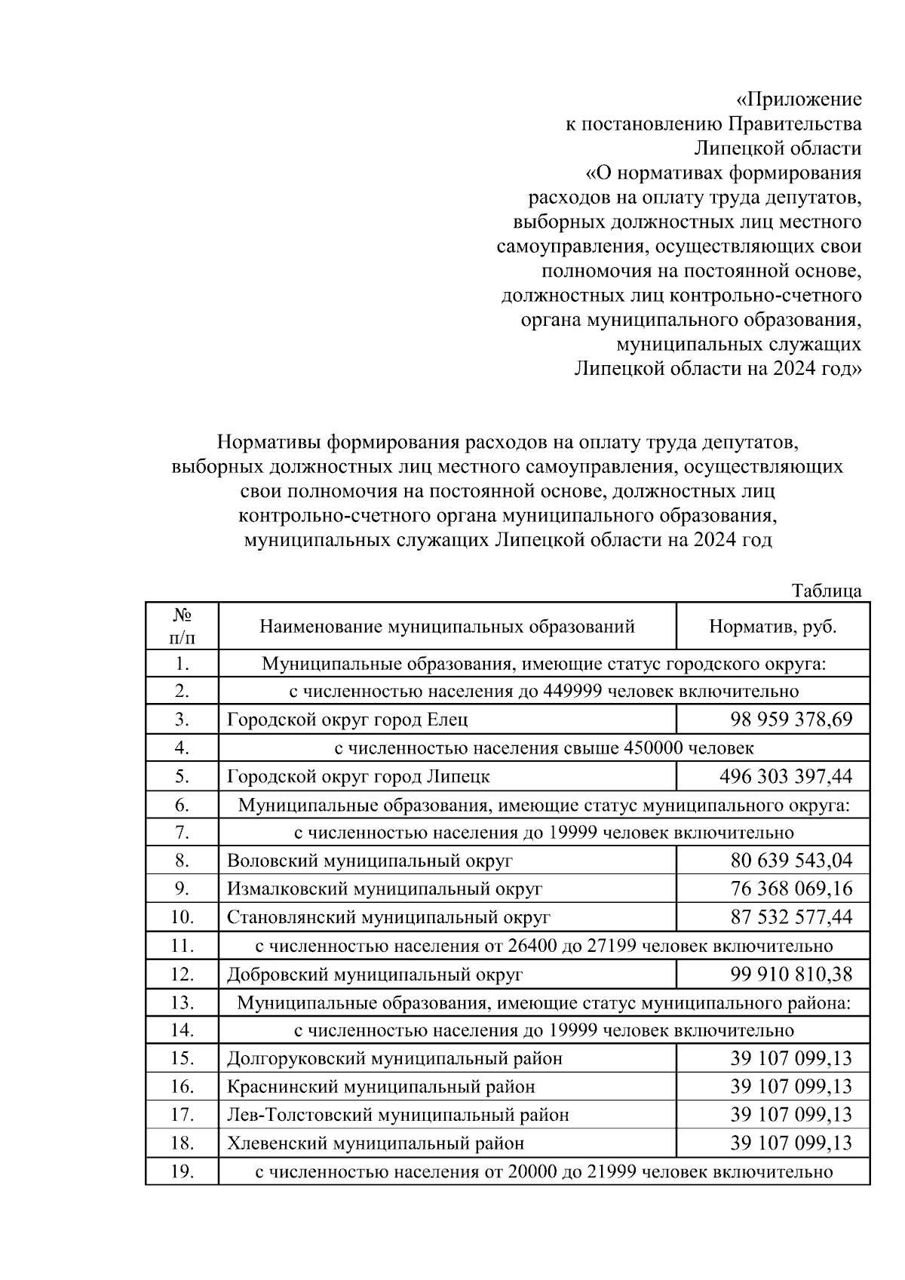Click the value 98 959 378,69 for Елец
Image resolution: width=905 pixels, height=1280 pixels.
(790, 720)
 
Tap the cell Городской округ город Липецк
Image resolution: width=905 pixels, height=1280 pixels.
(358, 776)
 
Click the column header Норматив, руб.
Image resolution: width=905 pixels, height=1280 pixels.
(772, 627)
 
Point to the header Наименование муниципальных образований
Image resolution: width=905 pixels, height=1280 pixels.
(447, 627)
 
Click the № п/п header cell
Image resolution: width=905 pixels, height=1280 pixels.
(182, 627)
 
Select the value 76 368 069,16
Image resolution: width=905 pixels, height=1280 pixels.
(790, 889)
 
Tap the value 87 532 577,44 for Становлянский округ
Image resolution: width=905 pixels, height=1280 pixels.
(790, 917)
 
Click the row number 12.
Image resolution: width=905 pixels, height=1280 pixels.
(182, 974)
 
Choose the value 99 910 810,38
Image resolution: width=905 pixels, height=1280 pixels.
(790, 974)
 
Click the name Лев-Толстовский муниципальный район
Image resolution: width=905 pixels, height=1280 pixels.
(397, 1115)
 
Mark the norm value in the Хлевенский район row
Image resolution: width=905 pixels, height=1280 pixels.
(790, 1143)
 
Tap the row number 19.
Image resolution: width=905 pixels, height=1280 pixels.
(182, 1171)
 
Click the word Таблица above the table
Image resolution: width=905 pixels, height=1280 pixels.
(826, 591)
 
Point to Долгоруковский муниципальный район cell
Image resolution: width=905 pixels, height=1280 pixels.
(394, 1058)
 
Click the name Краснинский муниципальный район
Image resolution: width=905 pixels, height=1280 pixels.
(381, 1087)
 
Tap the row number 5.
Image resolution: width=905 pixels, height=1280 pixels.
(182, 776)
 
